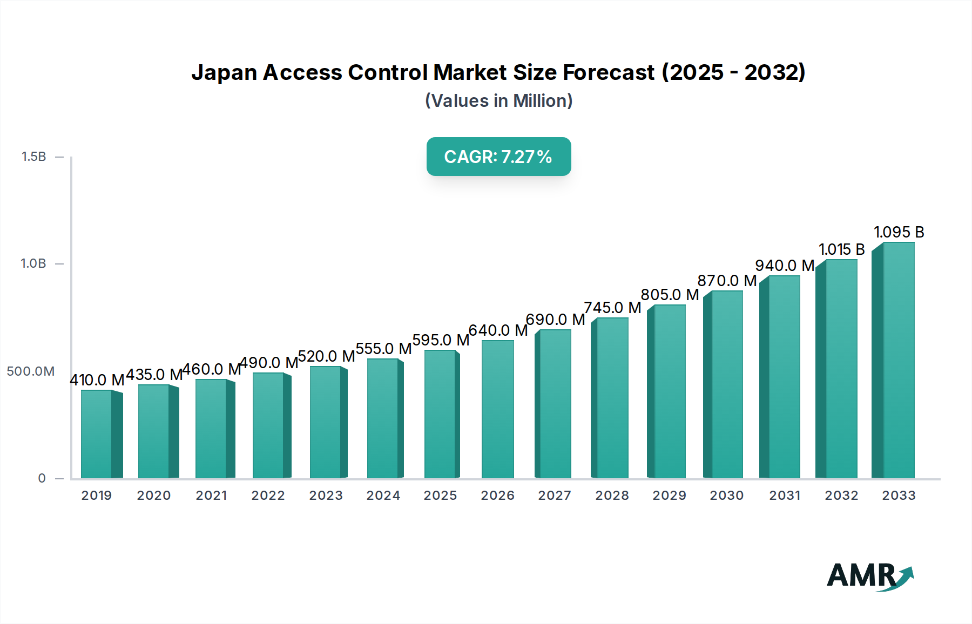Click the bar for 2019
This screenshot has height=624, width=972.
pyautogui.click(x=97, y=434)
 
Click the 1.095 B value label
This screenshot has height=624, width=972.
pyautogui.click(x=899, y=232)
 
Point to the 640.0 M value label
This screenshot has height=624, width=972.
pyautogui.click(x=498, y=330)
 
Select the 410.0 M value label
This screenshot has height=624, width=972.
pyautogui.click(x=97, y=380)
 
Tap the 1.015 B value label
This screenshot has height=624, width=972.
pyautogui.click(x=841, y=249)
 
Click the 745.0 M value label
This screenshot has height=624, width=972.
pyautogui.click(x=612, y=308)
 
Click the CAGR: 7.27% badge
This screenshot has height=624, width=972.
pyautogui.click(x=498, y=157)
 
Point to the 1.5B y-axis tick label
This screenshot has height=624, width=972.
pyautogui.click(x=33, y=157)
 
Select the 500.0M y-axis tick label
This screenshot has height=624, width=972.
pyautogui.click(x=31, y=371)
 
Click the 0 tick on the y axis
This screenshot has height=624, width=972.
pyautogui.click(x=42, y=478)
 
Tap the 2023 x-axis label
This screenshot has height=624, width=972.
pyautogui.click(x=326, y=496)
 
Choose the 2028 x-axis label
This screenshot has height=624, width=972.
pyautogui.click(x=612, y=496)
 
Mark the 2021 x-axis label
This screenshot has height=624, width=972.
pyautogui.click(x=211, y=496)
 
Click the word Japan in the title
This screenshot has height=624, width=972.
pyautogui.click(x=224, y=72)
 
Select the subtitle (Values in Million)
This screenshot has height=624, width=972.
pyautogui.click(x=498, y=101)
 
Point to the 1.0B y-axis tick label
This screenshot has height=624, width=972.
pyautogui.click(x=33, y=263)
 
